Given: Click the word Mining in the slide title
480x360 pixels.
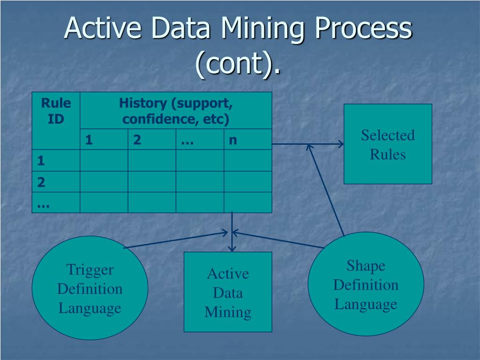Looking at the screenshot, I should tap(262, 29).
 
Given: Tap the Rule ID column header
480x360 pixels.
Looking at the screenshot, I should tap(56, 111).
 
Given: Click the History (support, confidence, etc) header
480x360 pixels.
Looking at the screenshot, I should tap(176, 111).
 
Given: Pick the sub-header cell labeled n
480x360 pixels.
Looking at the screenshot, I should tap(233, 140).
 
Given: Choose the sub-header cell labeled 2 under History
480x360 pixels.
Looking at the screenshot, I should tap(137, 140).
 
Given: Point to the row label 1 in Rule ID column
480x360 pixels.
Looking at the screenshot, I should tap(41, 161).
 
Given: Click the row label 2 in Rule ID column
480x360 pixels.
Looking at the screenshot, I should tap(41, 182).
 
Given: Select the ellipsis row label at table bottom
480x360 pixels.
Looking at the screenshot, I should tap(44, 202).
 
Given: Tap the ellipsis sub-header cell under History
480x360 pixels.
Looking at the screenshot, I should tap(187, 140).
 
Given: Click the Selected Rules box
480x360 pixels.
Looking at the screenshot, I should tap(388, 144).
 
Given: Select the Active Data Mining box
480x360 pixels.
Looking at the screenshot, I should tap(228, 292).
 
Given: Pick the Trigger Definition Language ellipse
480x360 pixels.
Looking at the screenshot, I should tap(90, 288).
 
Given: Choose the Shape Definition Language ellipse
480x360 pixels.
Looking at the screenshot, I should tap(366, 285).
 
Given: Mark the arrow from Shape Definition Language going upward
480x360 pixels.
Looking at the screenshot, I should tap(327, 190).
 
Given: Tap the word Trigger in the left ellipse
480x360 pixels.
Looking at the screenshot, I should tap(90, 270).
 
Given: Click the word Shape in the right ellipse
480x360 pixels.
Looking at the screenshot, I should tap(366, 266).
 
